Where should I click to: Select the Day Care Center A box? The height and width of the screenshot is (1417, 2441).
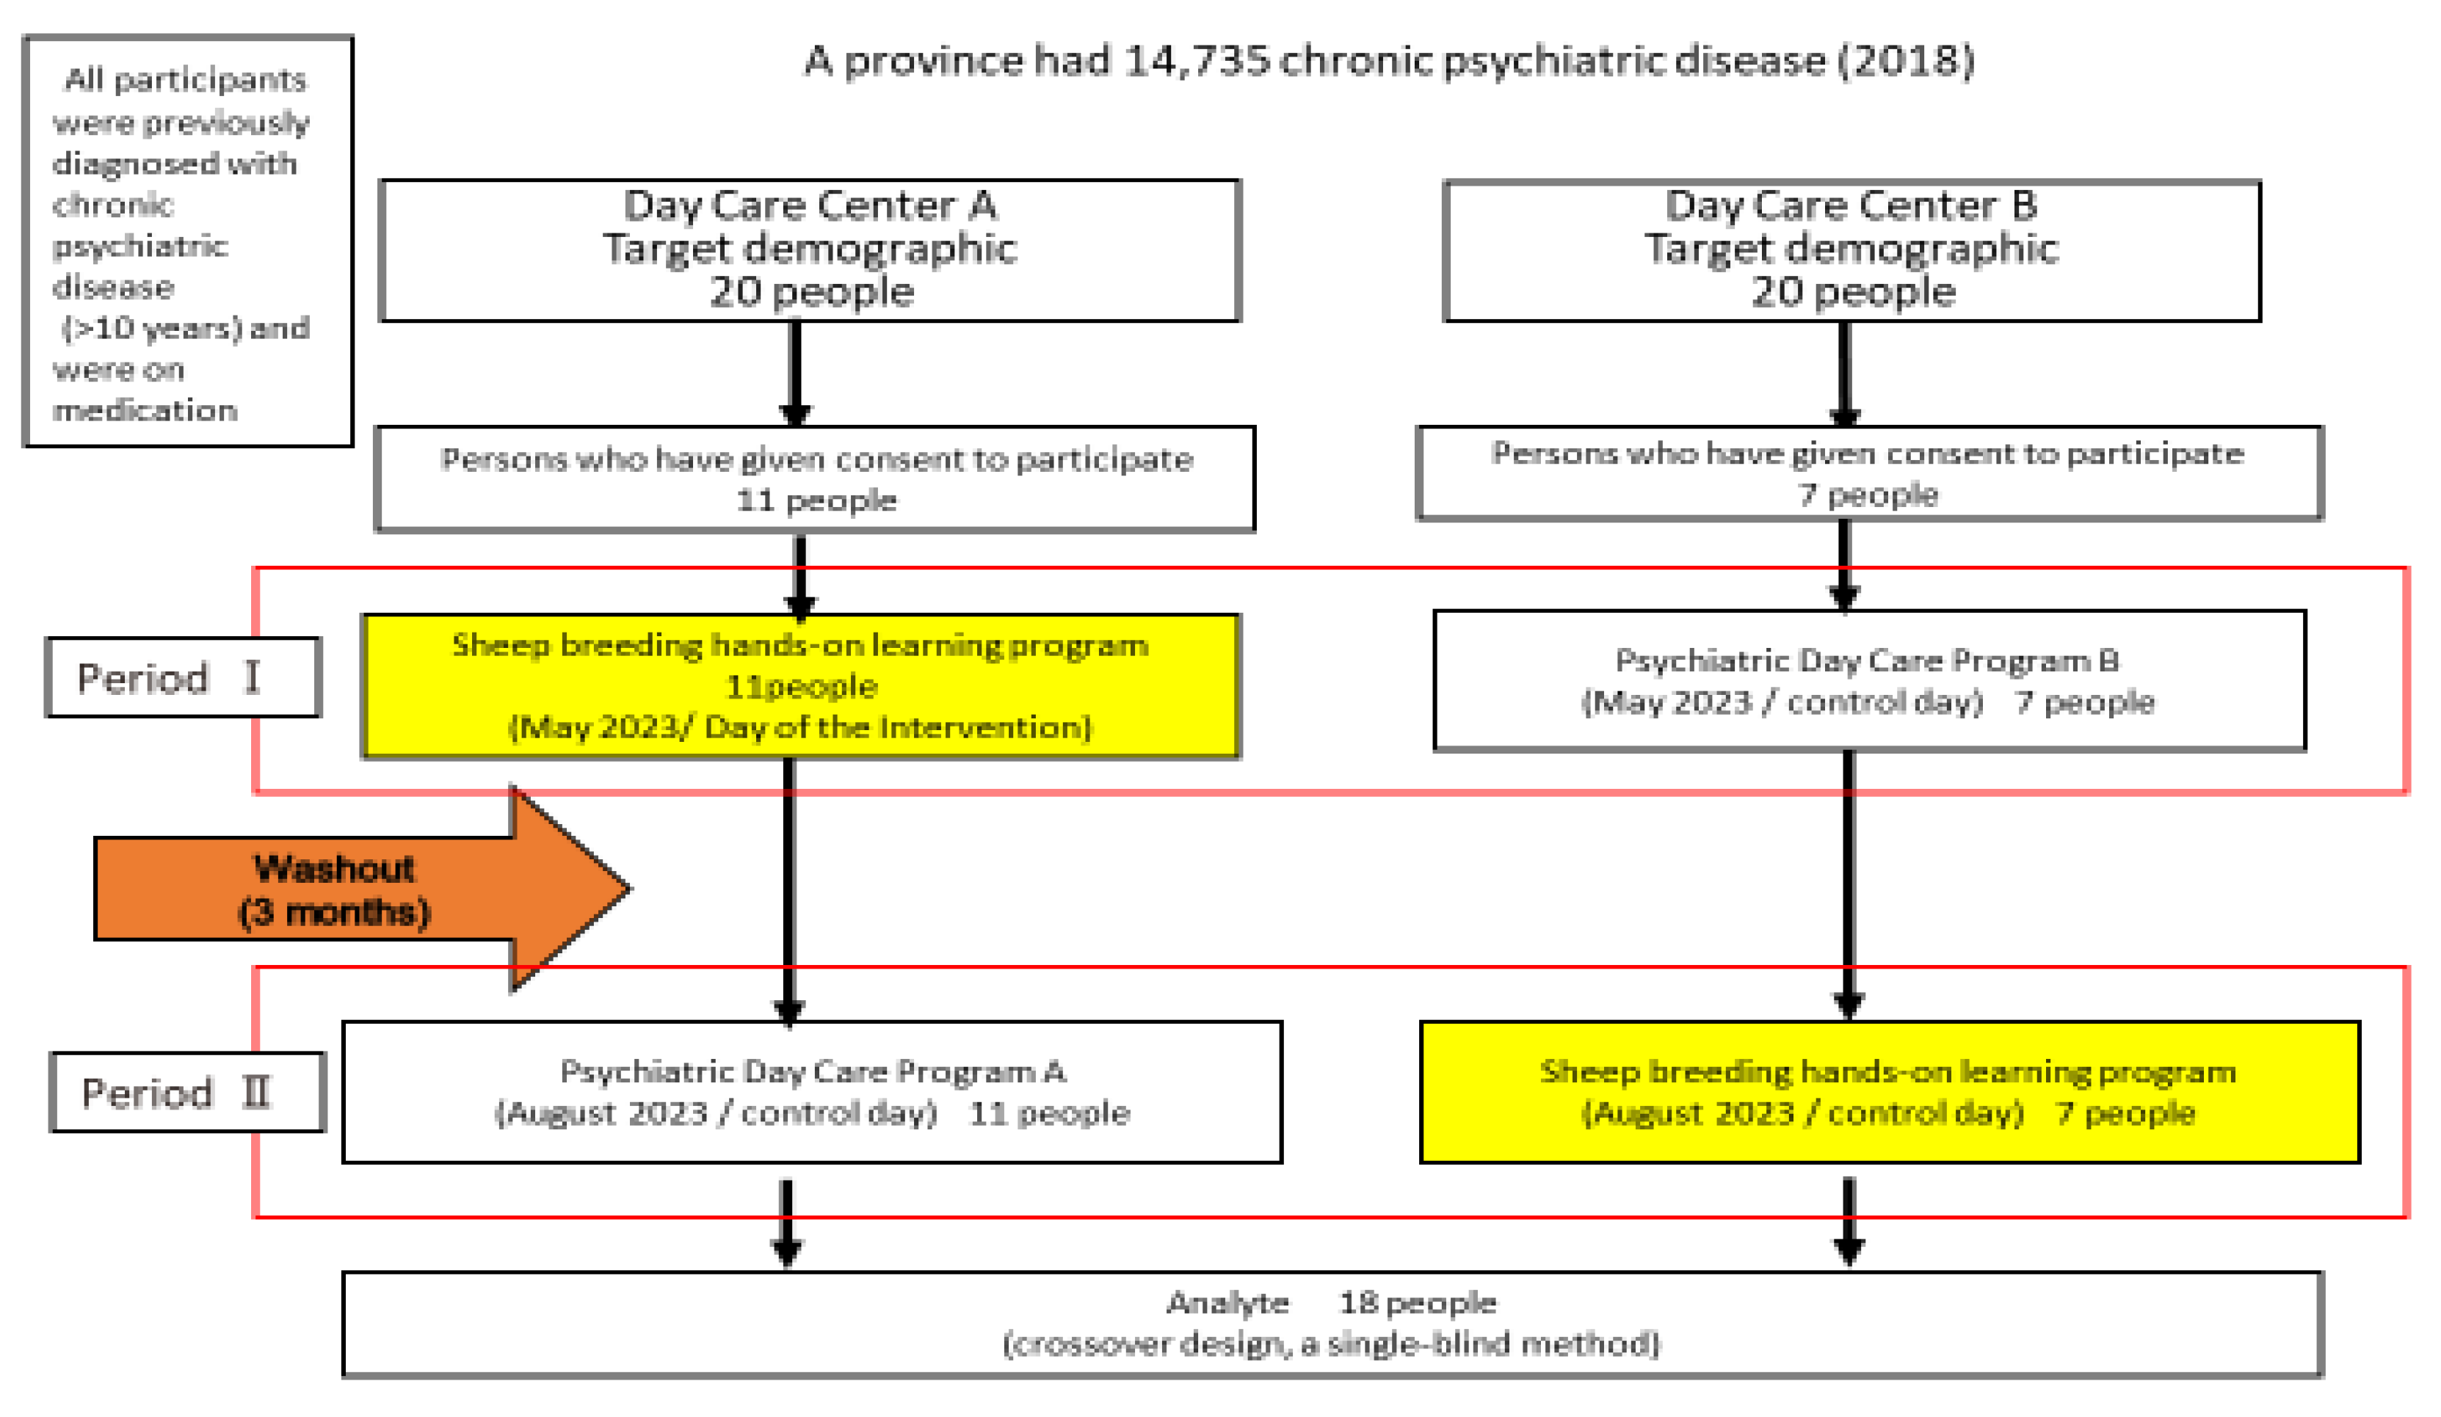point(810,250)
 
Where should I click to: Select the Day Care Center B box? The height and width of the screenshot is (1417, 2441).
point(1851,250)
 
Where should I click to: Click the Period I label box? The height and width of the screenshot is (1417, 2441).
point(183,677)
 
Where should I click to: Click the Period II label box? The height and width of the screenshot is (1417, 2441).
point(187,1092)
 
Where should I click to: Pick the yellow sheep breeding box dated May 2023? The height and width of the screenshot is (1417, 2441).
point(800,685)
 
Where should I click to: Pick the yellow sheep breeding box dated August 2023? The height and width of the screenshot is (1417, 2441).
point(1888,1092)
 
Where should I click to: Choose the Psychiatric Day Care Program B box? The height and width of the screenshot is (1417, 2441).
point(1868,680)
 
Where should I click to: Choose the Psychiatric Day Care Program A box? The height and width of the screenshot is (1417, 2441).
point(812,1092)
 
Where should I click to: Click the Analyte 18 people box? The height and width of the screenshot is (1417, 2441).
point(1332,1323)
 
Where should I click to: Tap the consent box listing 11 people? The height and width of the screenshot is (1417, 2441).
point(815,478)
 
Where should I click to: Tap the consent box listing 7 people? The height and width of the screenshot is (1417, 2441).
point(1868,473)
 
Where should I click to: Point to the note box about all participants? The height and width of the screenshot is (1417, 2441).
point(188,242)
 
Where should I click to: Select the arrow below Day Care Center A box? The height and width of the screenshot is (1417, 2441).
point(794,373)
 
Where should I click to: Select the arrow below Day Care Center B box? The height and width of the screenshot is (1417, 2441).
point(1844,373)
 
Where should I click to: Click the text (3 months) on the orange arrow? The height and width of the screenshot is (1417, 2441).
point(334,912)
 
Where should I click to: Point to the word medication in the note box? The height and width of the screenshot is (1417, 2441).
point(145,411)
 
